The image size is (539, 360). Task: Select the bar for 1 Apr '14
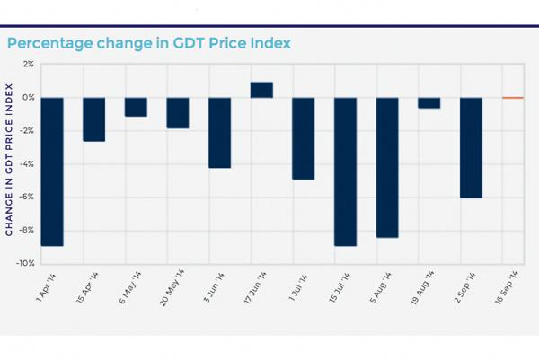pos(52,171)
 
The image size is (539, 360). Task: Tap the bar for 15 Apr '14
pos(94,119)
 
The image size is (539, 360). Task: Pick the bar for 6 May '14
pos(136,107)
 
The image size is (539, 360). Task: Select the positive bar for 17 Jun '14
pos(261,90)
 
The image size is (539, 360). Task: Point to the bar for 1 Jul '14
pos(304,138)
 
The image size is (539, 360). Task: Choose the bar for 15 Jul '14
pos(345,171)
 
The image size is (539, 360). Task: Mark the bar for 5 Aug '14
pos(387,167)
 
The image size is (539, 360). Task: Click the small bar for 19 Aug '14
pos(429,102)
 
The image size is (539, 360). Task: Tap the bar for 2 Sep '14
pos(471,147)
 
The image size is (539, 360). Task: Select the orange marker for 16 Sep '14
pos(512,98)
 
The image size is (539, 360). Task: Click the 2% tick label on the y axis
pos(28,65)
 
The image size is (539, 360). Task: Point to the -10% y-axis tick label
pos(26,263)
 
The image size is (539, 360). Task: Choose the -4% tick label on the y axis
pos(27,164)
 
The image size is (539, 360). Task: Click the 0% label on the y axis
pos(28,98)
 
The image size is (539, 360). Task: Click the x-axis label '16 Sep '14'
pos(508,286)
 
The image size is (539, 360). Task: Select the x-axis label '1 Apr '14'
pos(49,285)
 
